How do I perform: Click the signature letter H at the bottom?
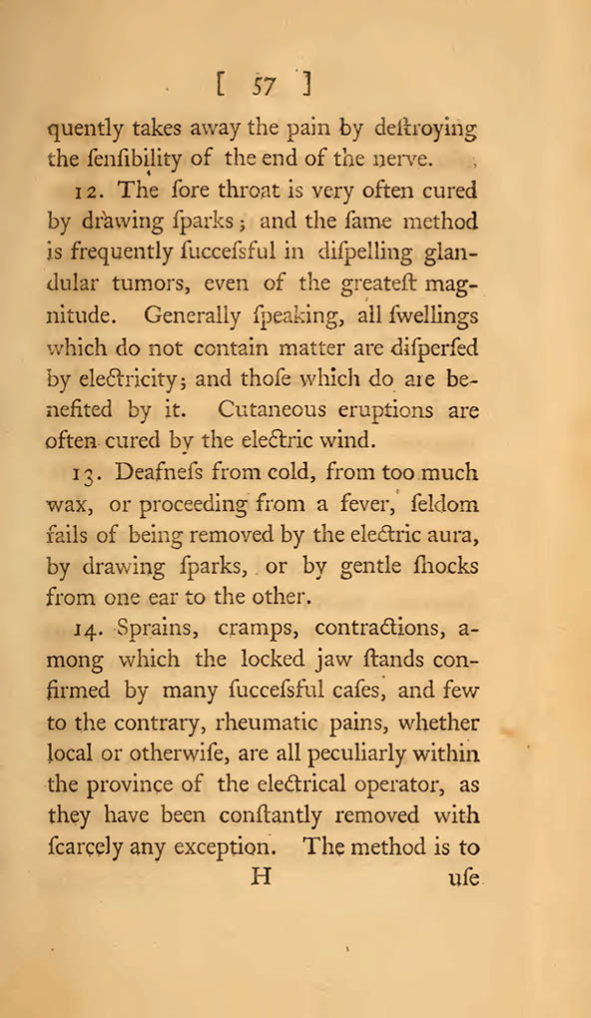[264, 880]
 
